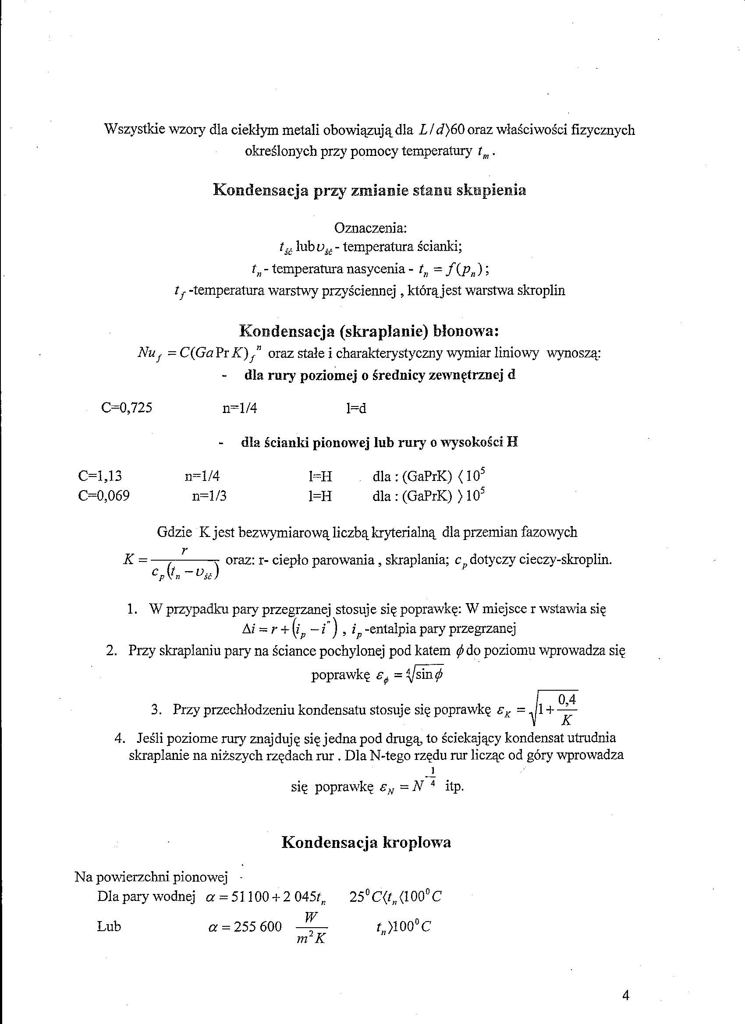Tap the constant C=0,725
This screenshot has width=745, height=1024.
point(127,408)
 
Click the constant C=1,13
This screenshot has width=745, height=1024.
point(100,476)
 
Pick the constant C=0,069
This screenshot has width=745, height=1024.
point(104,496)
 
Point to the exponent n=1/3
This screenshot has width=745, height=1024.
point(209,496)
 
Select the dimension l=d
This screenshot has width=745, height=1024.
point(356,408)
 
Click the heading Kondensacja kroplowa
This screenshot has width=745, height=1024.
point(366,842)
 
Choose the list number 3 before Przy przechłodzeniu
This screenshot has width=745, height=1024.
point(156,710)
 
